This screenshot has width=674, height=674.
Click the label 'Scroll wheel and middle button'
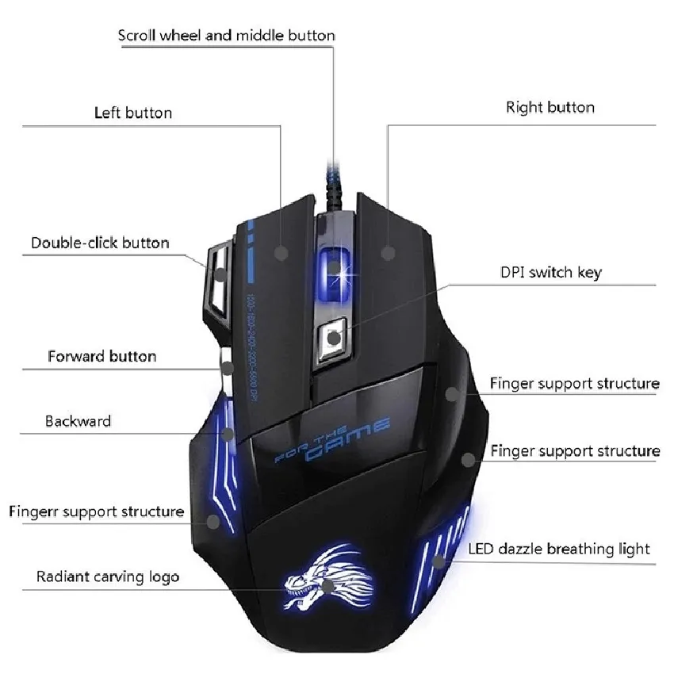point(226,36)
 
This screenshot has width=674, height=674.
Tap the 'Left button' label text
point(132,113)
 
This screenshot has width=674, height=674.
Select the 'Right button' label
point(550,107)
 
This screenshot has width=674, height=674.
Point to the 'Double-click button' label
point(100,243)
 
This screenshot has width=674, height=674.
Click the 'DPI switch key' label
point(550,273)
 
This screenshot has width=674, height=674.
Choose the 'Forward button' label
point(101,356)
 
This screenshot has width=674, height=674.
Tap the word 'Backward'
point(78,421)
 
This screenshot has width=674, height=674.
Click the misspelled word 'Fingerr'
point(33,511)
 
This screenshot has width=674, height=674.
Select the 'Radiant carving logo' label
point(108,576)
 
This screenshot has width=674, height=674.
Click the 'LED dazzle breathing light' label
point(558,549)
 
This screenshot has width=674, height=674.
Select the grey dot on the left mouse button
point(281,253)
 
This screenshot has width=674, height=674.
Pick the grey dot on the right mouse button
point(388,253)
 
